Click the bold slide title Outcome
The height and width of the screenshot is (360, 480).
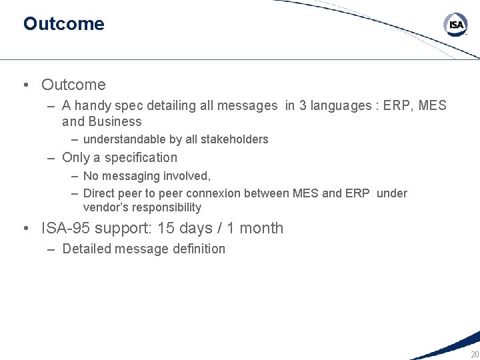63,24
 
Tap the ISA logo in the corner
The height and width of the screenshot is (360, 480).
456,25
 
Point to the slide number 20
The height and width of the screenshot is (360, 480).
474,354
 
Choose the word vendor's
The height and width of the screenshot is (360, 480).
103,207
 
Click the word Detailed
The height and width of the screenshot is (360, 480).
85,249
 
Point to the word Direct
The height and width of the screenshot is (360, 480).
99,193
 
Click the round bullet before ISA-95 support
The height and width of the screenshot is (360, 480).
25,229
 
